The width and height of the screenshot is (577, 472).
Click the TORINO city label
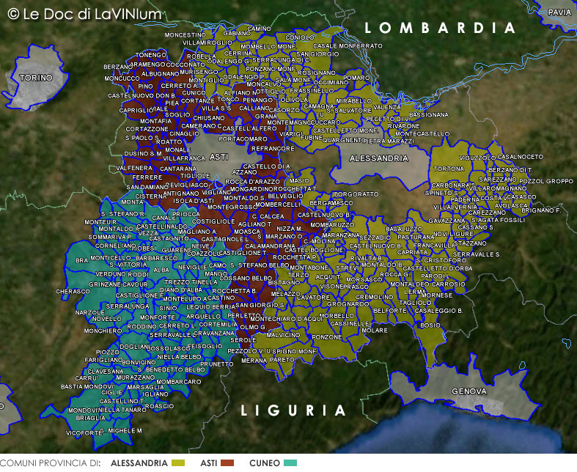pyautogui.click(x=36, y=78)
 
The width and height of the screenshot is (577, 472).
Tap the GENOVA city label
pyautogui.click(x=469, y=391)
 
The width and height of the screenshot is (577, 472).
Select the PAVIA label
pyautogui.click(x=559, y=12)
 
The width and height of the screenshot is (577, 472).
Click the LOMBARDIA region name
pyautogui.click(x=441, y=29)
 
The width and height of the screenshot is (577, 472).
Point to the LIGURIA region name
pyautogui.click(x=293, y=410)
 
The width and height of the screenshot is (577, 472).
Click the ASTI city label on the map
pyautogui.click(x=218, y=158)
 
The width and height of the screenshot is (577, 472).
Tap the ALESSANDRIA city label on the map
pyautogui.click(x=378, y=158)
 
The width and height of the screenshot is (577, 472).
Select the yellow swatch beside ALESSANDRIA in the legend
pyautogui.click(x=178, y=463)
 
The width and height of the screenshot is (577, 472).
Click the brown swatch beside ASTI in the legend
pyautogui.click(x=227, y=463)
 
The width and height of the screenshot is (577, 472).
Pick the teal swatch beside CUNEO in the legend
pyautogui.click(x=290, y=463)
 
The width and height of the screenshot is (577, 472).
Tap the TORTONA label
pyautogui.click(x=449, y=169)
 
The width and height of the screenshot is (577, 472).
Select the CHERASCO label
pyautogui.click(x=73, y=291)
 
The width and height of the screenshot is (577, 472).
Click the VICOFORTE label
pyautogui.click(x=83, y=433)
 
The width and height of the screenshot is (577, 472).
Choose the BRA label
pyautogui.click(x=81, y=260)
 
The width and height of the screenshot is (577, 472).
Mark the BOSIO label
pyautogui.click(x=430, y=325)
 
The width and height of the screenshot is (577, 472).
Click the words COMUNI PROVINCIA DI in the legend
pyautogui.click(x=50, y=463)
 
